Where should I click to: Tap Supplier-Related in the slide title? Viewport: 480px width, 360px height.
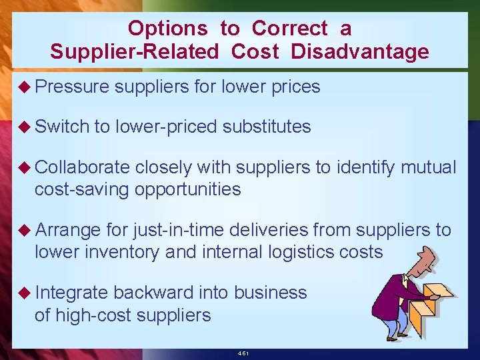coord(134,52)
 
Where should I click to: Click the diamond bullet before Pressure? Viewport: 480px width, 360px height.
coord(25,87)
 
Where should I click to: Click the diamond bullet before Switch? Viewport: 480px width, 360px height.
coord(25,127)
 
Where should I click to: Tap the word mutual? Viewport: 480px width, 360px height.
coord(428,167)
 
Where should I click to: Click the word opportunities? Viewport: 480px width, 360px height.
coord(187,189)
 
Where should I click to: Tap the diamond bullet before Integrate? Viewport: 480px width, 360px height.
coord(25,293)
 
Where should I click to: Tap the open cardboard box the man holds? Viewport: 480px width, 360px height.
coord(433,306)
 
